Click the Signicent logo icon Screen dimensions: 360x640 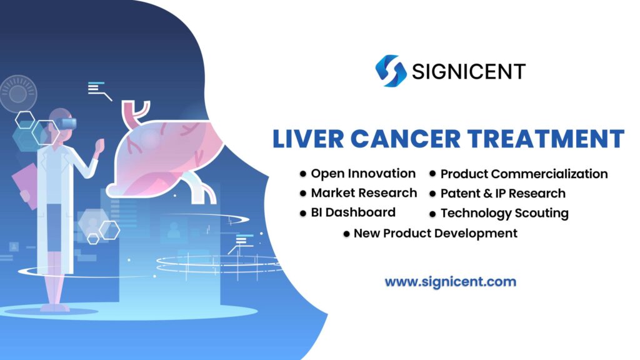pyautogui.click(x=391, y=71)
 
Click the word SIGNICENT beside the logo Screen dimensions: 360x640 pyautogui.click(x=469, y=71)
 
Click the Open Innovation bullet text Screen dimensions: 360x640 pyautogui.click(x=363, y=173)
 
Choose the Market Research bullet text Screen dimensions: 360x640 pyautogui.click(x=364, y=192)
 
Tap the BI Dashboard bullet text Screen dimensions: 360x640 pyautogui.click(x=353, y=212)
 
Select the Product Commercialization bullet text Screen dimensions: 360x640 pyautogui.click(x=524, y=174)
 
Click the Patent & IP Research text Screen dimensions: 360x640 pyautogui.click(x=502, y=193)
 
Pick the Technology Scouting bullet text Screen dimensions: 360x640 pyautogui.click(x=504, y=213)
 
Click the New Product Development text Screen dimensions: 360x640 pyautogui.click(x=435, y=233)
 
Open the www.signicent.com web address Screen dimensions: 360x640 pyautogui.click(x=450, y=282)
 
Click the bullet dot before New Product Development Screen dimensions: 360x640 pyautogui.click(x=346, y=234)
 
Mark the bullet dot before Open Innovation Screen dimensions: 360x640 pyautogui.click(x=304, y=174)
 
